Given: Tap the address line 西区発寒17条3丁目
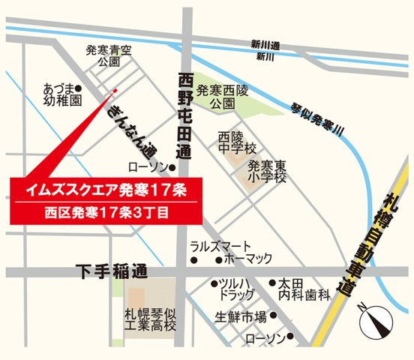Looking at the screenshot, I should pyautogui.click(x=104, y=212).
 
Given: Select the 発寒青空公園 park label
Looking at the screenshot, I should pyautogui.click(x=109, y=57).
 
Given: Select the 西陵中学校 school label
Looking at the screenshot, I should pyautogui.click(x=238, y=144).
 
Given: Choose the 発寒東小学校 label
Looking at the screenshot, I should pyautogui.click(x=268, y=171).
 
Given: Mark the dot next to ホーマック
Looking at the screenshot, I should pyautogui.click(x=218, y=261).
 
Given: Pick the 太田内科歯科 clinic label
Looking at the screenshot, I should pyautogui.click(x=304, y=289).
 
